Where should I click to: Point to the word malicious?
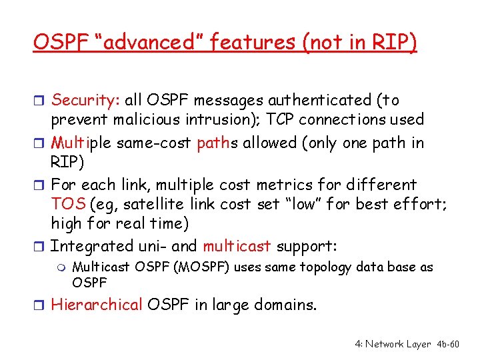tap(151, 120)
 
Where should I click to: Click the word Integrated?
tap(90, 246)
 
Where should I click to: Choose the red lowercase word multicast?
tap(237, 246)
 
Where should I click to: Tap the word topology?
tap(326, 267)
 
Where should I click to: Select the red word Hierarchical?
tap(97, 305)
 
